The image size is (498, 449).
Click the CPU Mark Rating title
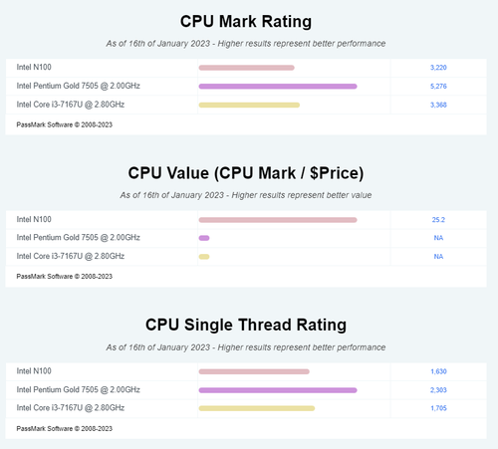[246, 22]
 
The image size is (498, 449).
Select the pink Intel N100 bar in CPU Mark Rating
[246, 68]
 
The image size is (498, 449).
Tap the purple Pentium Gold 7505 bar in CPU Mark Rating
[278, 87]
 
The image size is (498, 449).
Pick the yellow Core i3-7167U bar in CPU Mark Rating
[249, 105]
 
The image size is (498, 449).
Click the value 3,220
[438, 68]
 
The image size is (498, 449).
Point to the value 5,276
[438, 87]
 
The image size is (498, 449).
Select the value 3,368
[438, 105]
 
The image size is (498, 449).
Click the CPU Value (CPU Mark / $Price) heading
[246, 173]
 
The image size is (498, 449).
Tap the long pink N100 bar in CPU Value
[278, 220]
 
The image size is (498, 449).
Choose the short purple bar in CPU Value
[204, 238]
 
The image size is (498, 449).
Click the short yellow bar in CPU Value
[204, 257]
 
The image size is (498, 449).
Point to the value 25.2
[438, 220]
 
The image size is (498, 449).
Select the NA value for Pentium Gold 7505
[438, 238]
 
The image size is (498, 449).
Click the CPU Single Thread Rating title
[246, 325]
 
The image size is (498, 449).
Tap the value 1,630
[438, 371]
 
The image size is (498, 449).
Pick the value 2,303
[438, 390]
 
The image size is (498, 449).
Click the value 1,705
[438, 408]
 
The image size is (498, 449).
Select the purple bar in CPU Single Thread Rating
[278, 390]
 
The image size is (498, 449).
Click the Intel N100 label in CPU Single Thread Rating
[34, 371]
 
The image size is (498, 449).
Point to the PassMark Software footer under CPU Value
[65, 277]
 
